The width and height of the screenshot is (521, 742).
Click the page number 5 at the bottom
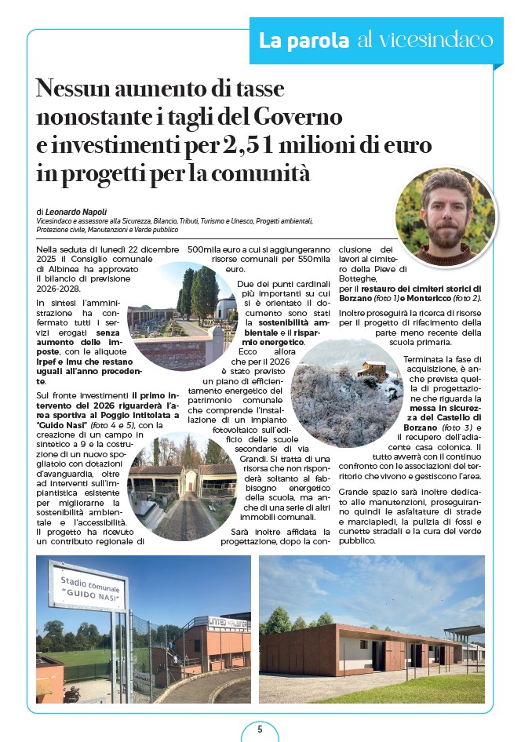[x=260, y=729]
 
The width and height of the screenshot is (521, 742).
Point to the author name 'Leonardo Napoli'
[x=77, y=212]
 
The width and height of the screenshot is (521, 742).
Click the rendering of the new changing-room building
[x=371, y=630]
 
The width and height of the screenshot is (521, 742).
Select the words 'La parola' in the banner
[x=304, y=40]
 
